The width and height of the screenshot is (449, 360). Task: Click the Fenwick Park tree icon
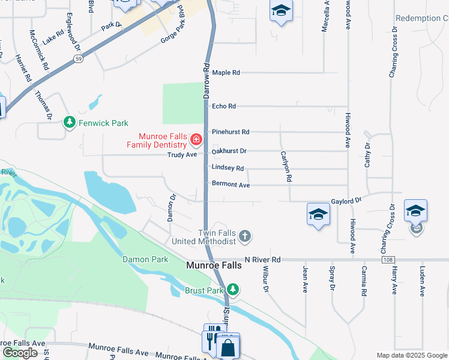70,122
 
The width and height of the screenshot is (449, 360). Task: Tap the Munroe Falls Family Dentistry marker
196,140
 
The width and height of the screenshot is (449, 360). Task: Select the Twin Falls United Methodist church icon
244,236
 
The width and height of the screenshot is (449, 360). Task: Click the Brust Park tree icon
233,290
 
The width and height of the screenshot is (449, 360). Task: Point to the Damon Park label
145,259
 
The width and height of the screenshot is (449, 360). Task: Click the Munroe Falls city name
214,265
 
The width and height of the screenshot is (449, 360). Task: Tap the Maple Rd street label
226,73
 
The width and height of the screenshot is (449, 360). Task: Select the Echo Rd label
224,106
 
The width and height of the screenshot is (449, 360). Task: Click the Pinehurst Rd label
230,131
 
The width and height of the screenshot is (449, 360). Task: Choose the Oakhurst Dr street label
229,151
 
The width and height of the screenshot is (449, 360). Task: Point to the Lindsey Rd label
228,169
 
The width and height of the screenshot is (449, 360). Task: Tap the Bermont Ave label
231,185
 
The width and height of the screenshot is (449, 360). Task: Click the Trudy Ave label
182,155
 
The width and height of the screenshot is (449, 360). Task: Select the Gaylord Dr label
346,201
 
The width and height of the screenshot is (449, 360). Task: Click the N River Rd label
262,260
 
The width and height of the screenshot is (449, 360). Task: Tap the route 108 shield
387,260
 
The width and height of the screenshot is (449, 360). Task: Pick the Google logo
20,352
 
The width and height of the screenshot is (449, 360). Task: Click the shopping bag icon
228,347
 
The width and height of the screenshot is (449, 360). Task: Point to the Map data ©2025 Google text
411,355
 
